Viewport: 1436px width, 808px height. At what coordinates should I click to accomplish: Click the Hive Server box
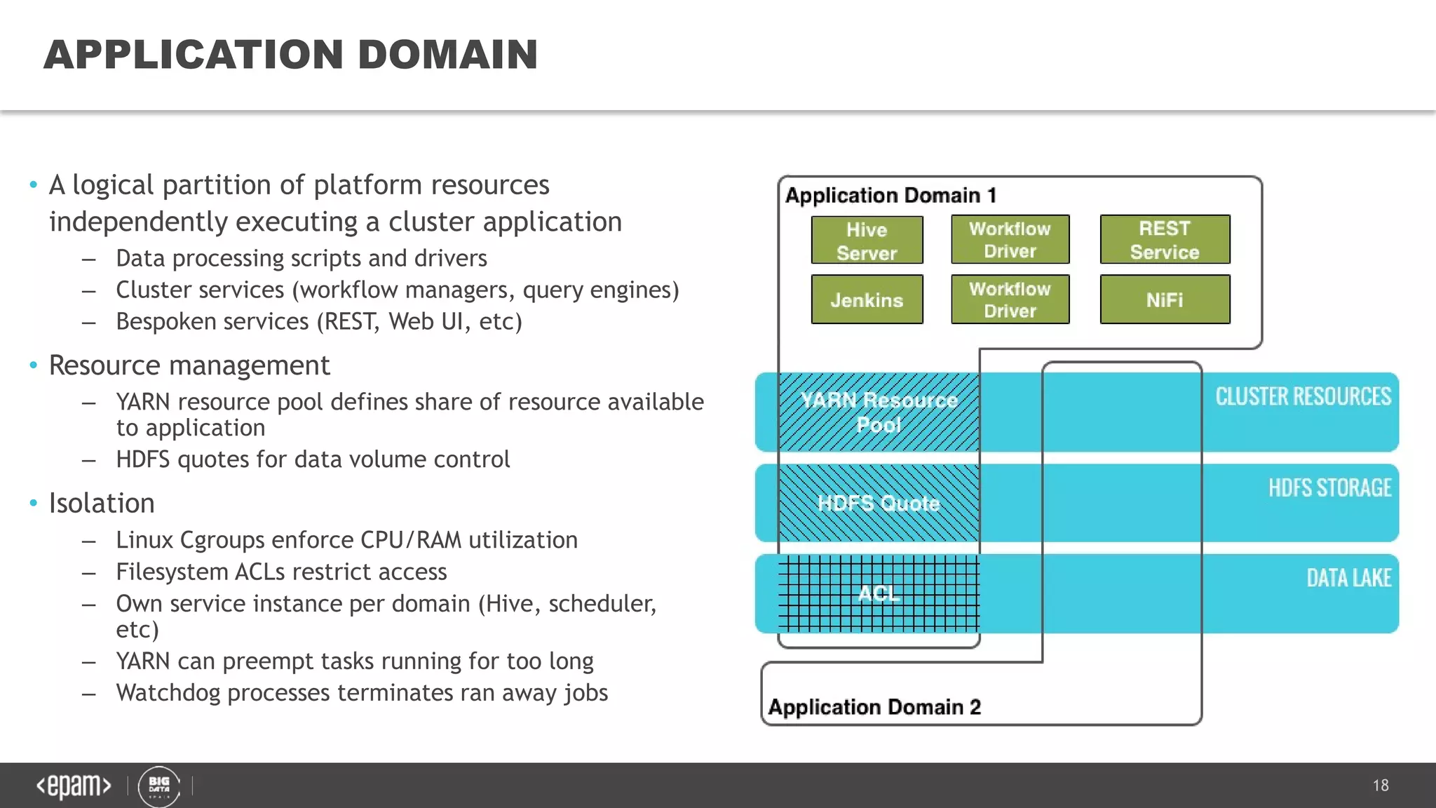tap(867, 240)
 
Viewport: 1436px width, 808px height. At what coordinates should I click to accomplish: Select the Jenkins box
tap(867, 299)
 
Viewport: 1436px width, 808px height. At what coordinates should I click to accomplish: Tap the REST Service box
tap(1165, 240)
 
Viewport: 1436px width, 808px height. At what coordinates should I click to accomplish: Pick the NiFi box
tap(1165, 299)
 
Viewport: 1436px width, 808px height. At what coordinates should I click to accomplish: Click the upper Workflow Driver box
tap(1010, 240)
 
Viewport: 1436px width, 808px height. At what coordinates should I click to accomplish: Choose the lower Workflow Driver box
tap(1010, 299)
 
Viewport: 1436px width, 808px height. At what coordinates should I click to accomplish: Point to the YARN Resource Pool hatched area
tap(879, 412)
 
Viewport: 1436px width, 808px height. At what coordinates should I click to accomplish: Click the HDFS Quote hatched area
tap(879, 503)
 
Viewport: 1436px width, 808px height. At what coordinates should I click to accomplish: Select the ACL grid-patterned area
tap(879, 593)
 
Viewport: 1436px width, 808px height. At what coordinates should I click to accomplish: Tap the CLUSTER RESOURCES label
tap(1303, 396)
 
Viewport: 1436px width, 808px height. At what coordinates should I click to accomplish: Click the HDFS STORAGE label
tap(1329, 487)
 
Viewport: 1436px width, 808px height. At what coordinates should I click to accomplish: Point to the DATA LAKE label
tap(1348, 578)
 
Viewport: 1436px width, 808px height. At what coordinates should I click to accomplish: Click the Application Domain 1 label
tap(890, 195)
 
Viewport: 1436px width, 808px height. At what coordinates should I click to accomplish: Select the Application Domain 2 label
tap(874, 706)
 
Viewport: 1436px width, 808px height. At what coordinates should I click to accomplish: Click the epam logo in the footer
tap(74, 786)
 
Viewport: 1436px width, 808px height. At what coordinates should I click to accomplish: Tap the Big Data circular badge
tap(159, 786)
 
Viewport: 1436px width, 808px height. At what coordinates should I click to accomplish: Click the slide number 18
tap(1381, 786)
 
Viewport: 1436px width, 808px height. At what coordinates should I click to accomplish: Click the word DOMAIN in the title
tap(447, 55)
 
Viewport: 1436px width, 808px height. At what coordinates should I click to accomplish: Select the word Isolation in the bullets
tap(102, 503)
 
